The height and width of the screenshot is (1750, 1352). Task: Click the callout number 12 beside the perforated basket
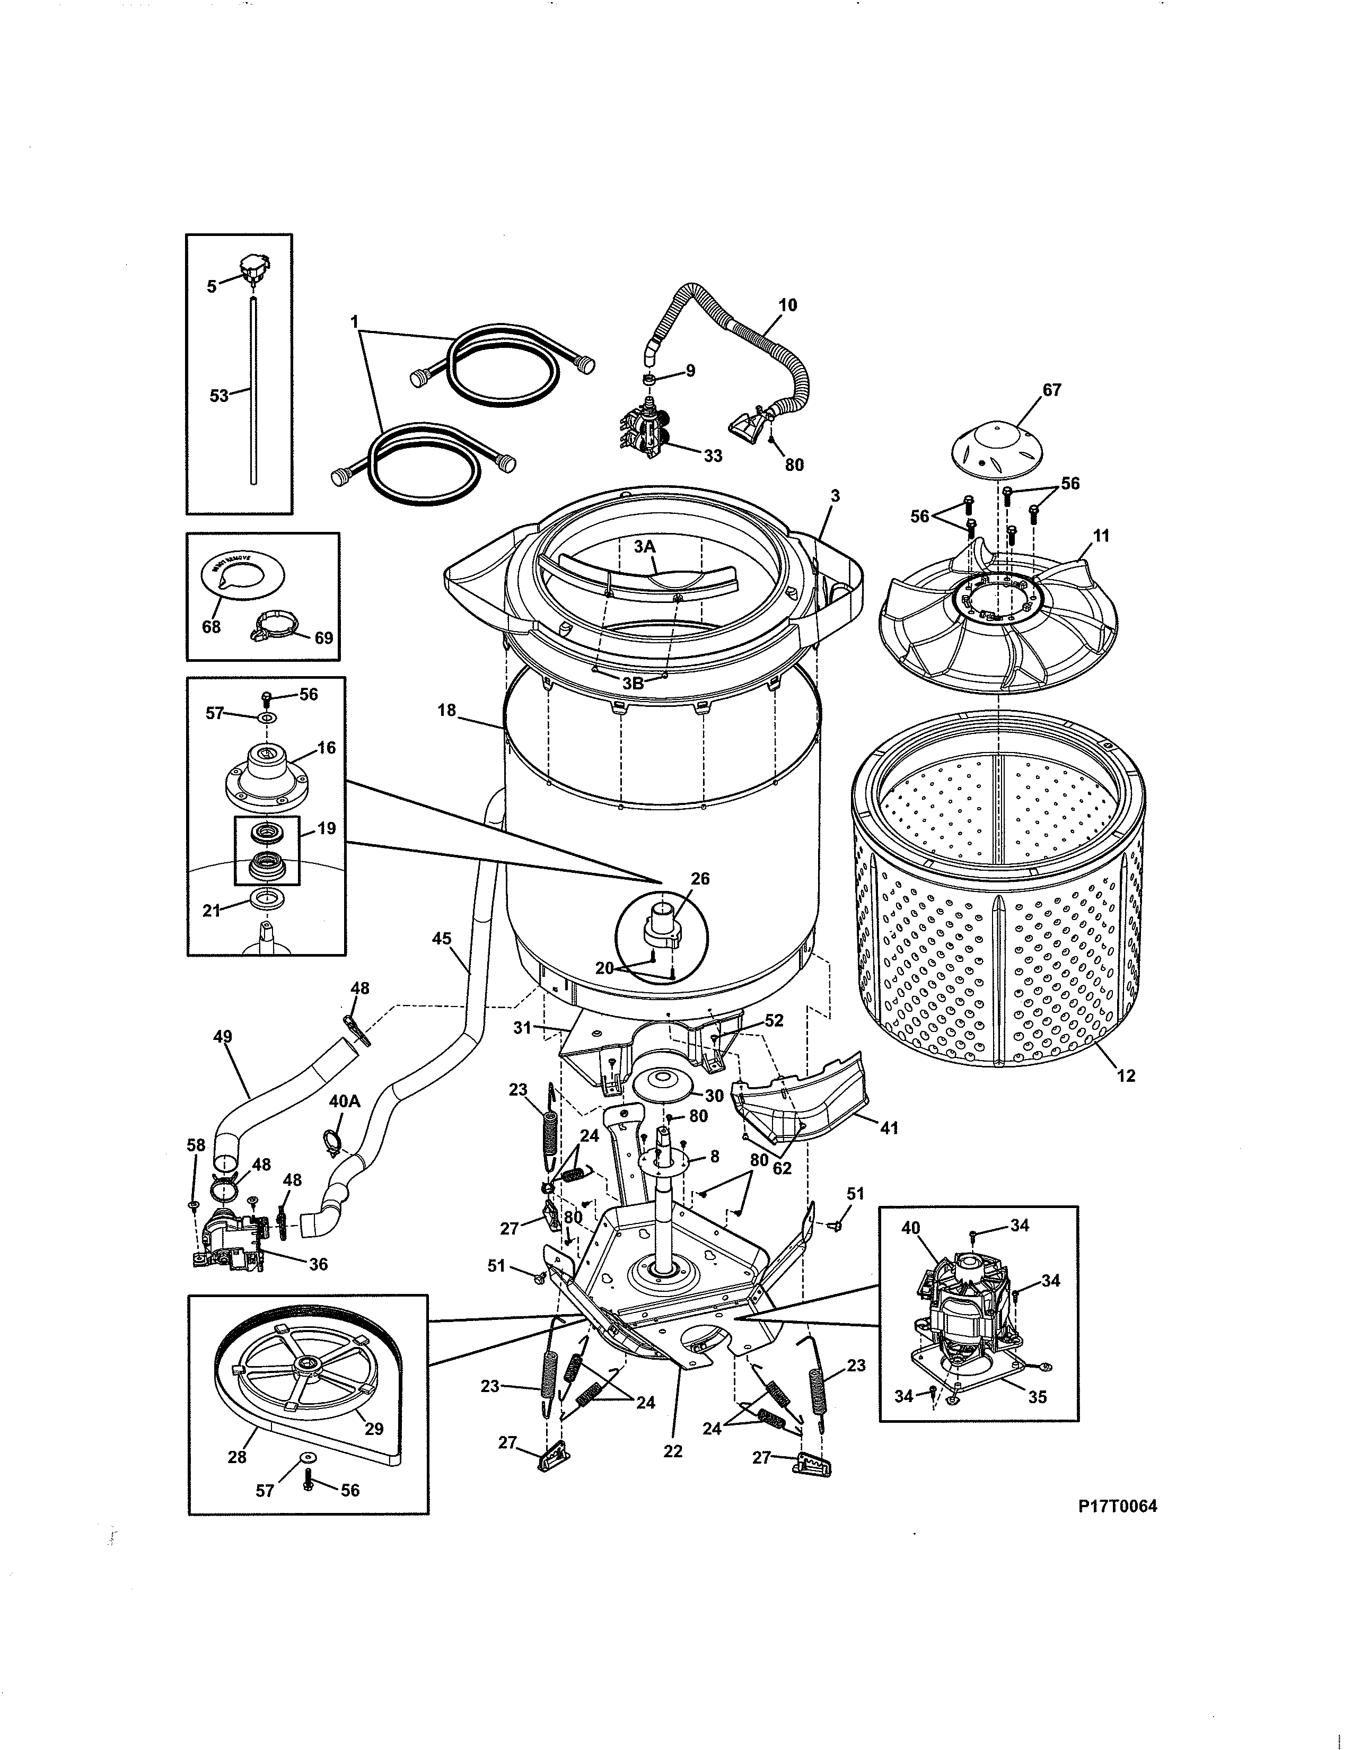tap(1126, 1075)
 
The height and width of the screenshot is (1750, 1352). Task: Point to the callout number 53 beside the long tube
tap(218, 395)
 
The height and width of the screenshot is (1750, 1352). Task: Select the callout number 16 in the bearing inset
tap(326, 748)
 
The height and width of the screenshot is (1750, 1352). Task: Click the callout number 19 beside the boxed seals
tap(327, 828)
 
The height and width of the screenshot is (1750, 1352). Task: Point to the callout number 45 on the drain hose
tap(441, 938)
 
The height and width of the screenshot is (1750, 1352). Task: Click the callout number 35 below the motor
tap(1037, 1397)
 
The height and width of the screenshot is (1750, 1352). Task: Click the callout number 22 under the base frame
tap(673, 1450)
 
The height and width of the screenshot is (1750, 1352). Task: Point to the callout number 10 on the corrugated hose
tap(787, 305)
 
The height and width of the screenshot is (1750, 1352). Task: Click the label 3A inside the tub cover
tap(645, 546)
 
